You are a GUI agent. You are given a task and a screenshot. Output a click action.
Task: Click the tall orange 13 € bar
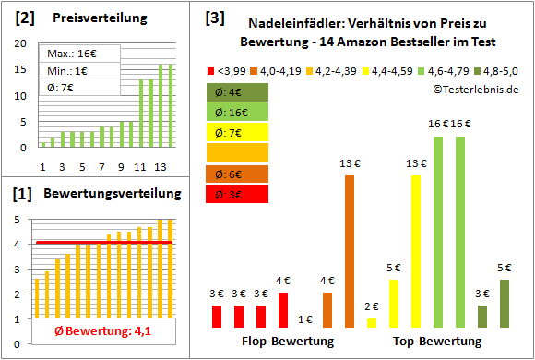pos(350,251)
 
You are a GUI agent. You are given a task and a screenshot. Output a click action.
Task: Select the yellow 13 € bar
pos(416,251)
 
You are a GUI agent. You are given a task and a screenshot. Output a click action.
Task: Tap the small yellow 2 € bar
pos(372,322)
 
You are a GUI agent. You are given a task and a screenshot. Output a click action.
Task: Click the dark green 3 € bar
pos(482,316)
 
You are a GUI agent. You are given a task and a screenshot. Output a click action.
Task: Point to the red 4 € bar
pos(282,310)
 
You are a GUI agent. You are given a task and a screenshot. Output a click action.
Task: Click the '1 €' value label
pos(305,319)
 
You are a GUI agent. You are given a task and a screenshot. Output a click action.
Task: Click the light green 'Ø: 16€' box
pos(238,112)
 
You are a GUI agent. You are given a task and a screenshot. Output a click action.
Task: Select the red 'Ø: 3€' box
pos(238,194)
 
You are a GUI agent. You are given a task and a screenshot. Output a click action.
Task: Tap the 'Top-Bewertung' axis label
pos(437,342)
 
